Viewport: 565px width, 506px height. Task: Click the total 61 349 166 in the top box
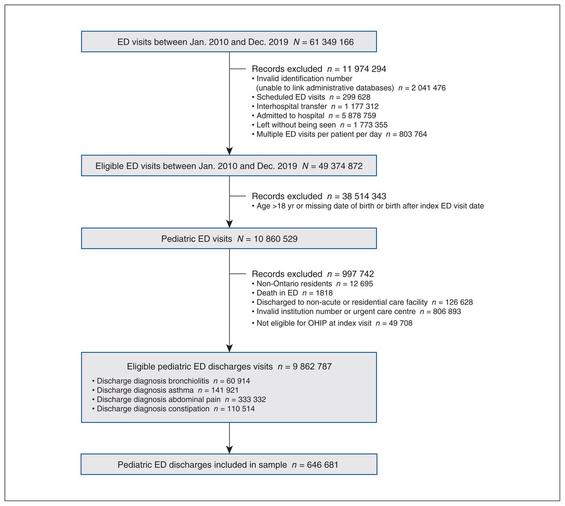[331, 42]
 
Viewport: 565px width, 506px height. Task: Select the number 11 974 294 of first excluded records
[364, 69]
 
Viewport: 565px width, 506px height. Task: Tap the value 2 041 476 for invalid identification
[428, 88]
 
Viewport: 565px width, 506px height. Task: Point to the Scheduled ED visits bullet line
[311, 97]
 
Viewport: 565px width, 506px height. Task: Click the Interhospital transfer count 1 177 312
[362, 106]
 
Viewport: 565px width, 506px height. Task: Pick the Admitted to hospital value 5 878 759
[359, 116]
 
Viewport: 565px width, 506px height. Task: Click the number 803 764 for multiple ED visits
[413, 134]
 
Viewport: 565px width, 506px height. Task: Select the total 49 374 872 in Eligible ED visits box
[340, 166]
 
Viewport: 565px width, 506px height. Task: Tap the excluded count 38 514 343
[364, 196]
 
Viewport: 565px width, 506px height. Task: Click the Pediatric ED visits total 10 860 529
[275, 239]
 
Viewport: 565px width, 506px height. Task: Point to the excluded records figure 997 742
[358, 274]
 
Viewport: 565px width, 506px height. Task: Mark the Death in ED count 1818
[324, 293]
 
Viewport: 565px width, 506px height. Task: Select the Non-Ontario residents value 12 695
[361, 283]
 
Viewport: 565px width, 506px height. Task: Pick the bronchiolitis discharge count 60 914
[238, 381]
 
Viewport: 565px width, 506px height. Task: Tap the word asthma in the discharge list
[181, 390]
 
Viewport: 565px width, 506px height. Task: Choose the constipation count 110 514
[241, 409]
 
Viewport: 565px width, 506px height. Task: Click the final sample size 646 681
[322, 465]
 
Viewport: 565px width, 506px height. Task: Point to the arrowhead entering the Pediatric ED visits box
[229, 224]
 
